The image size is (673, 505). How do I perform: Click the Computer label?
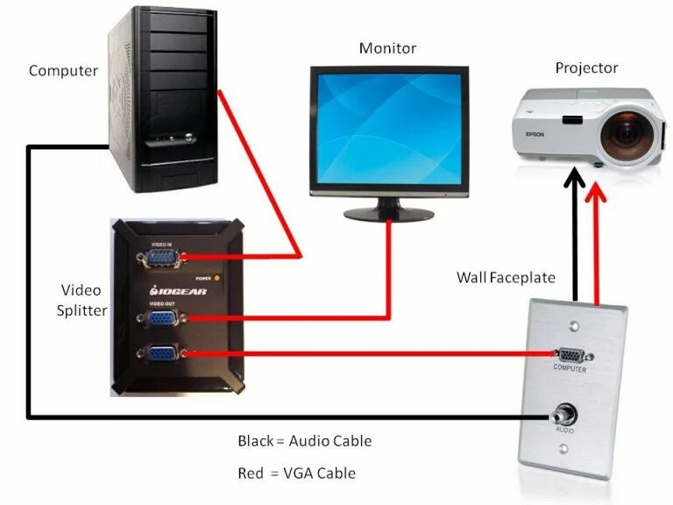click(62, 70)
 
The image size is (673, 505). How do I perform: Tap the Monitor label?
click(387, 48)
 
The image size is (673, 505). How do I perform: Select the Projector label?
click(586, 68)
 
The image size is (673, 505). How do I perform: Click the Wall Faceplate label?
click(506, 277)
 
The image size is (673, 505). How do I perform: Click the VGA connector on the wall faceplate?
click(570, 355)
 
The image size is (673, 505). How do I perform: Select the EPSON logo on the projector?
click(535, 134)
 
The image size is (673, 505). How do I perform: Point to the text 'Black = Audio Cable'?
click(304, 441)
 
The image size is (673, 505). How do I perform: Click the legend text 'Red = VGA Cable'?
click(296, 473)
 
